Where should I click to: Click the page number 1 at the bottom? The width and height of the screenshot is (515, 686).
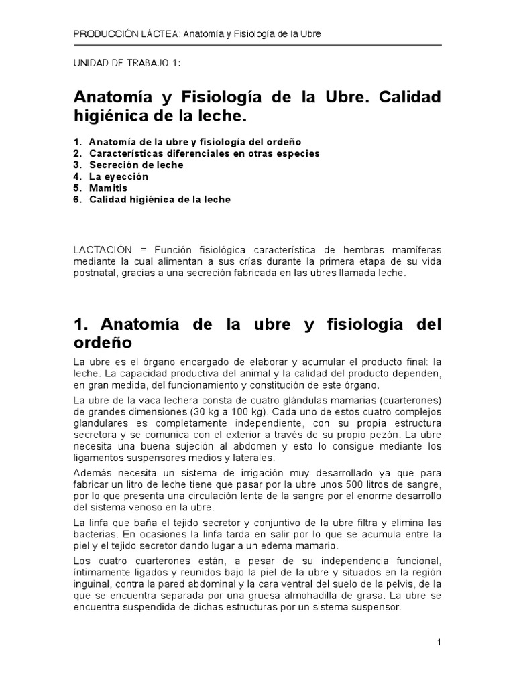click(439, 642)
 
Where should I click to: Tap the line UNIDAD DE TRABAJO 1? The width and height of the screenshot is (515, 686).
click(126, 63)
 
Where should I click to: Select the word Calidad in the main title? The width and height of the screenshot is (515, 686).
click(410, 97)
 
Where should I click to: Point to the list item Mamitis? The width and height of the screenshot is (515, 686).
click(108, 188)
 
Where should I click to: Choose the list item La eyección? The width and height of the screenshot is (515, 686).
click(118, 177)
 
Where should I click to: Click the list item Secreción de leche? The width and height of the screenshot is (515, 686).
click(135, 165)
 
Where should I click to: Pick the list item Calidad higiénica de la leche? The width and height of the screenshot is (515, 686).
click(160, 200)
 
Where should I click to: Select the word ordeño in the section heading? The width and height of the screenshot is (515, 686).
click(102, 343)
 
